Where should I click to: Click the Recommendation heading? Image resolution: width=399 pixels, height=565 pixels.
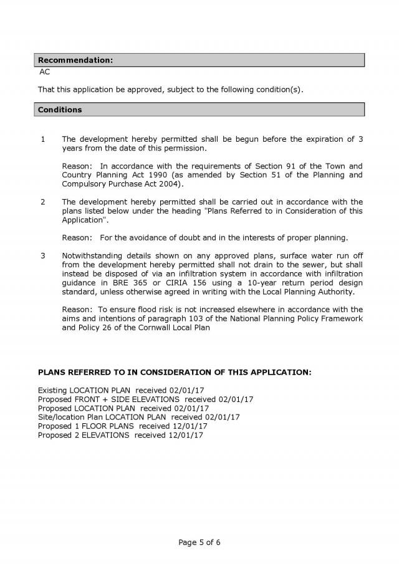75,60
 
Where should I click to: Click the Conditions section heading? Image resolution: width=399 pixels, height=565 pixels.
60,110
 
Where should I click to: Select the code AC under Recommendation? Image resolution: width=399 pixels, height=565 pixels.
45,72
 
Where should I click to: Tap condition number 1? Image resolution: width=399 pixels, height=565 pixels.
42,139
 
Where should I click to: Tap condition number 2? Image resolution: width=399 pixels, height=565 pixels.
42,202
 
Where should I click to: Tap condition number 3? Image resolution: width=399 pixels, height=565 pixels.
42,256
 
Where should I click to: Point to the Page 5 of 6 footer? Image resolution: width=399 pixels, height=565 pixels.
199,542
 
